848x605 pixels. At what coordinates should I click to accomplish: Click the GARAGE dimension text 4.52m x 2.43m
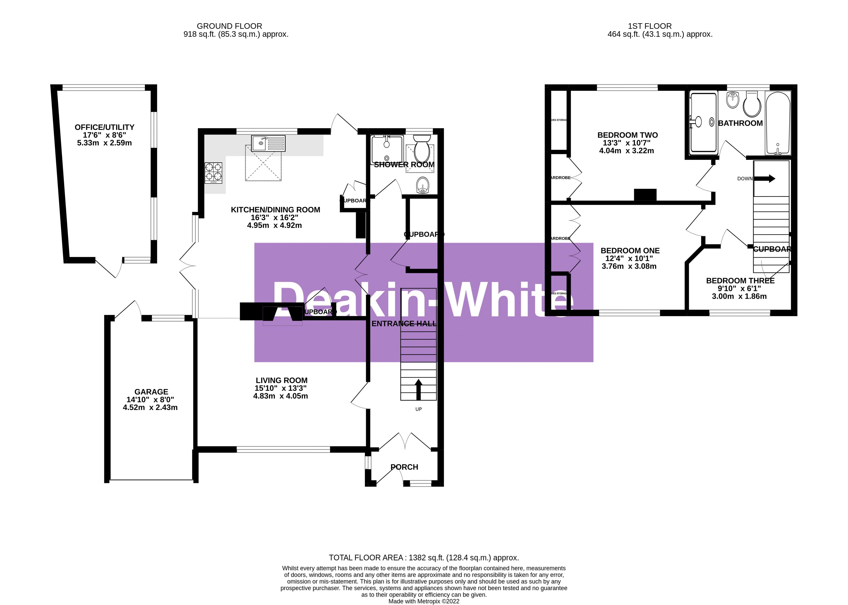[150, 407]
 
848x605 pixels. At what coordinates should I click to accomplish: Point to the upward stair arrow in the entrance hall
[418, 389]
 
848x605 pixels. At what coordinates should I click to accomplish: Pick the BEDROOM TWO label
[627, 135]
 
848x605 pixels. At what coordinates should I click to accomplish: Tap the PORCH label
[404, 467]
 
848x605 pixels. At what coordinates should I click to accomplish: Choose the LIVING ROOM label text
[281, 380]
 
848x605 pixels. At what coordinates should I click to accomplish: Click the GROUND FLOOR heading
[229, 26]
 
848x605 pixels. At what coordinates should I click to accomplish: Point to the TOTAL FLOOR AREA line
[423, 557]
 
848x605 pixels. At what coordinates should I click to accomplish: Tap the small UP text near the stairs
[418, 409]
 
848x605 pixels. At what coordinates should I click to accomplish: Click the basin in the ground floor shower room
[423, 185]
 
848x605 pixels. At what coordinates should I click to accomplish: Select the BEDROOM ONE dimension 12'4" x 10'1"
[629, 258]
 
